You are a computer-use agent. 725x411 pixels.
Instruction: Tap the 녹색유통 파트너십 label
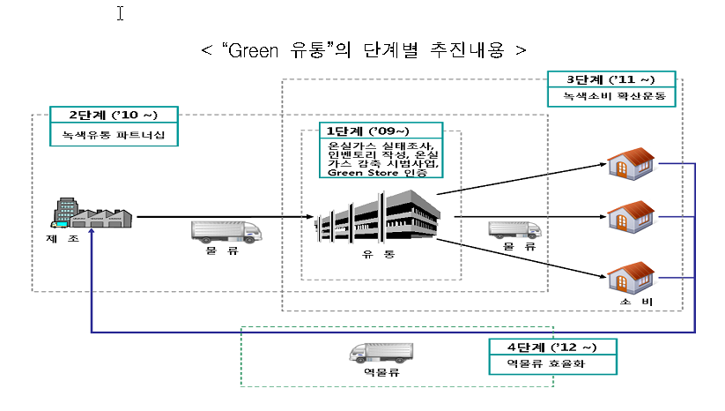click(x=114, y=136)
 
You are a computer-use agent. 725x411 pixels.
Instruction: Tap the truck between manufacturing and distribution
click(x=226, y=231)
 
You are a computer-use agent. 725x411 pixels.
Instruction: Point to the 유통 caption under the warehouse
click(x=378, y=255)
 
